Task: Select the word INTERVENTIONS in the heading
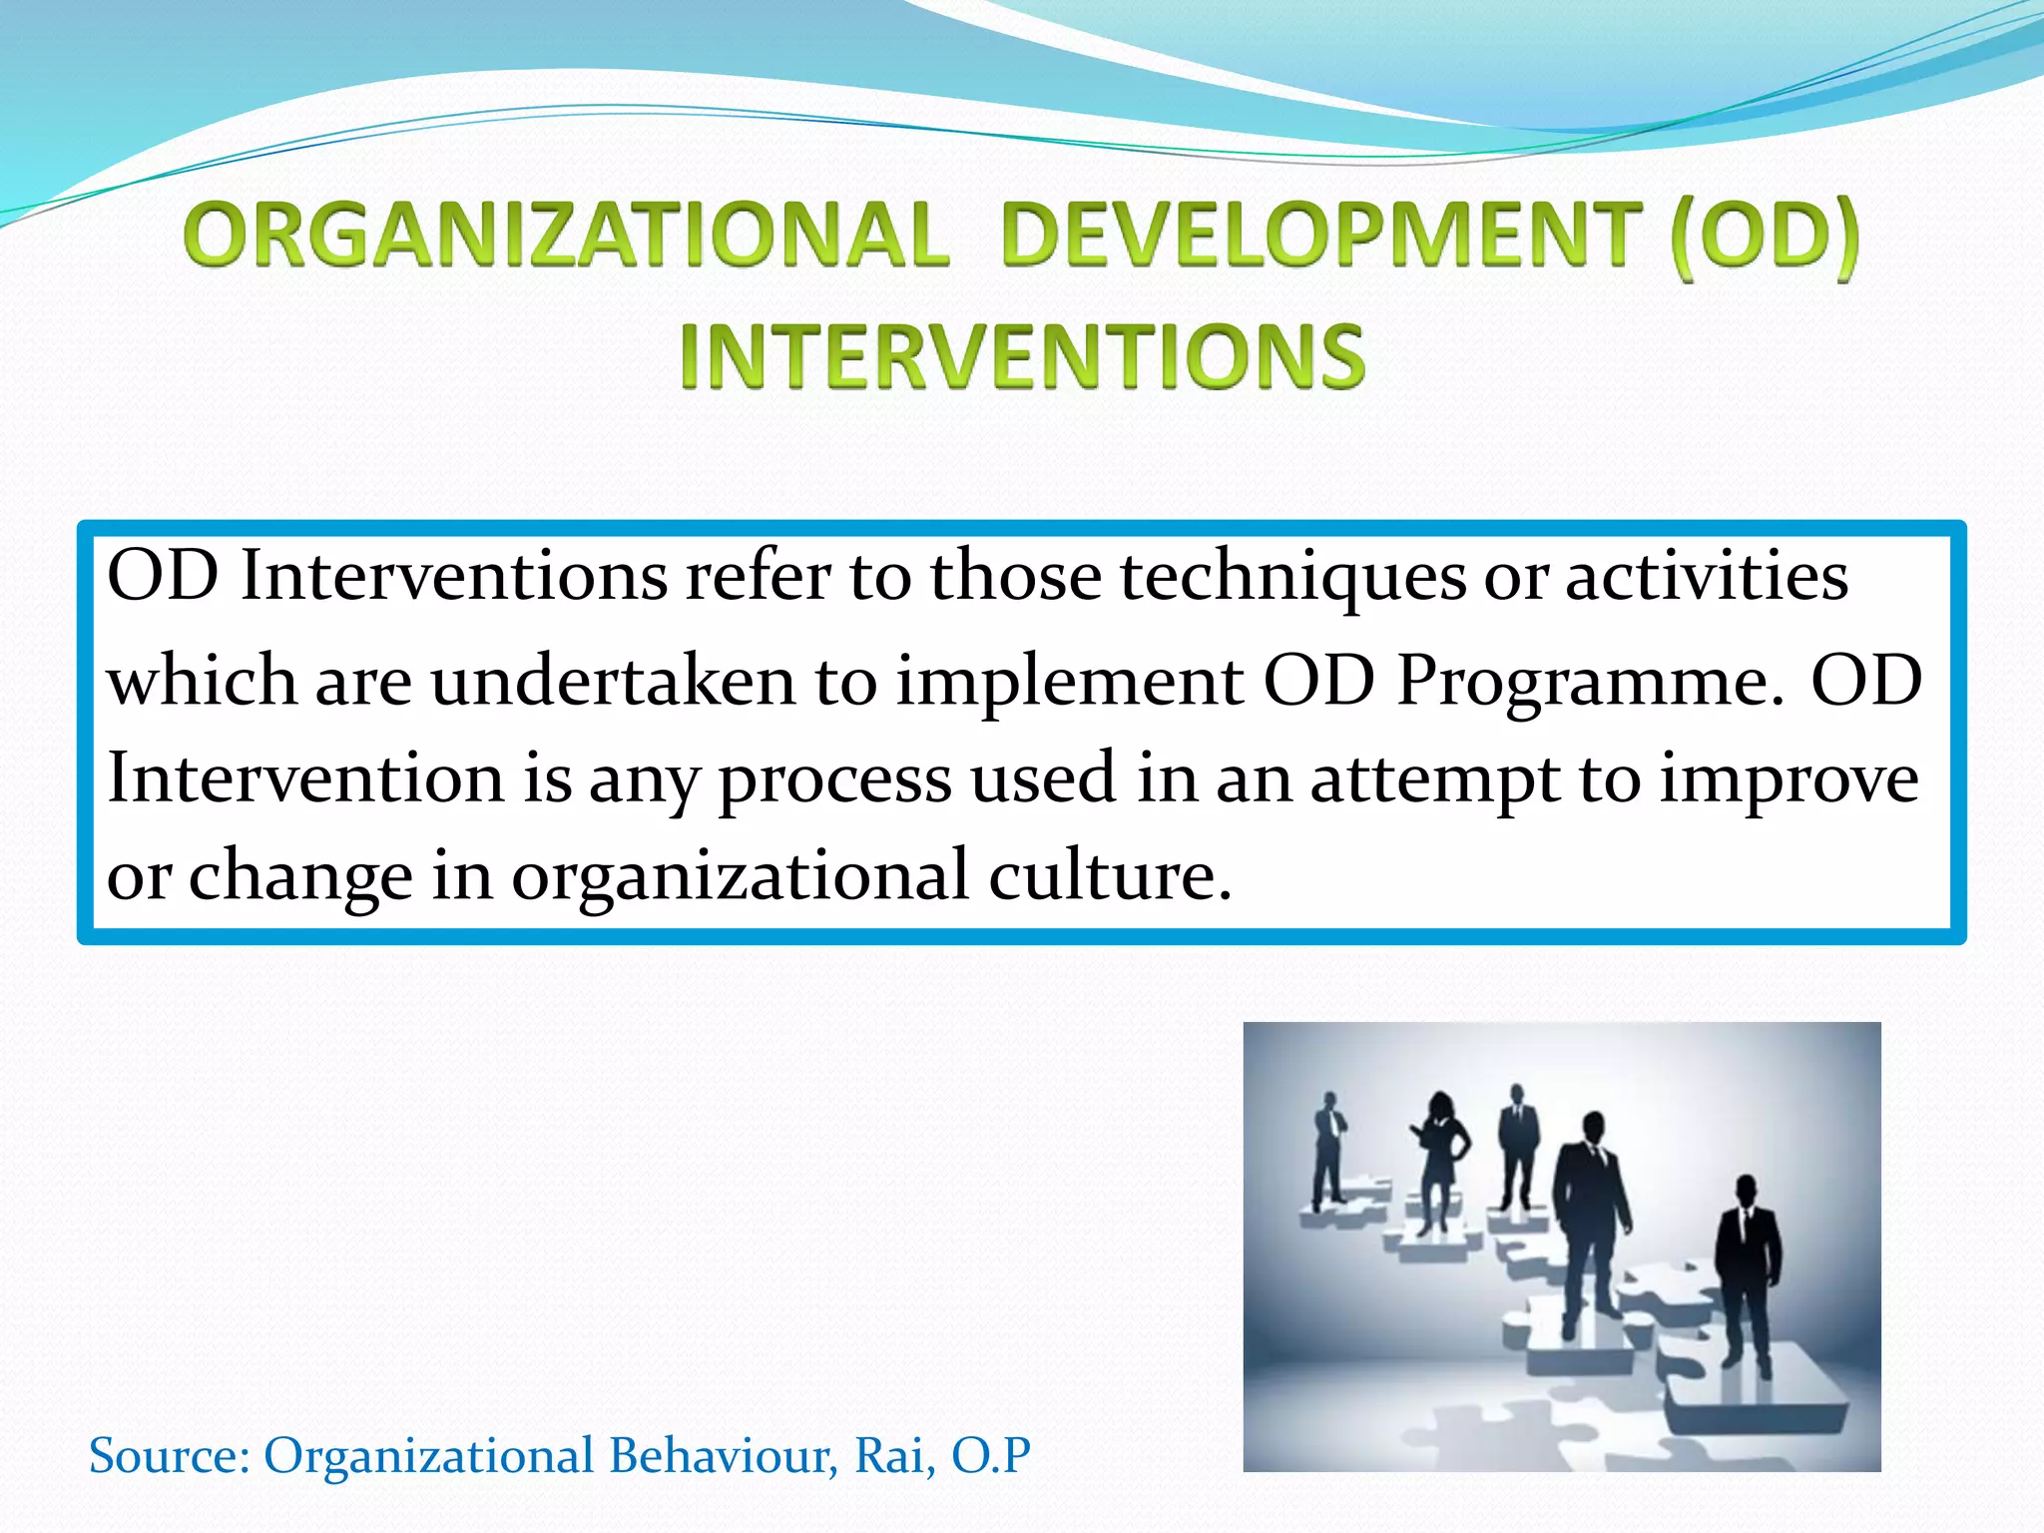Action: point(1021,356)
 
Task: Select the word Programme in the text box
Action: point(1589,682)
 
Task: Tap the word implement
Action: point(1069,682)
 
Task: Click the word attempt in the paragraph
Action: point(1435,780)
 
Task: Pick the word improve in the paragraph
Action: point(1788,780)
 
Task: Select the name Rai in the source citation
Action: point(894,1455)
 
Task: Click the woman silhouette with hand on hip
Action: point(1439,1158)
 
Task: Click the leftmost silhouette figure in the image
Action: point(1328,1148)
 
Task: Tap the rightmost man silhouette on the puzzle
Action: point(1747,1268)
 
